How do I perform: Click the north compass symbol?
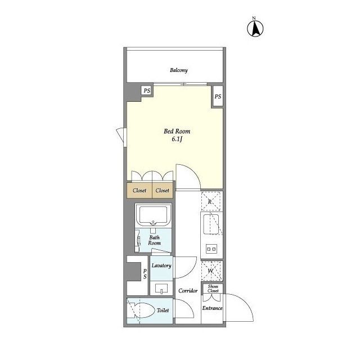coord(255,29)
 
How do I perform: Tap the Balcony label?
coord(179,70)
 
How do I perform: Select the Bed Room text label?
coord(177,131)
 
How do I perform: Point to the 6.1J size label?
coord(177,139)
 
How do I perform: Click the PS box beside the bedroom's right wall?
coord(218,96)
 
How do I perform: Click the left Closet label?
coord(139,190)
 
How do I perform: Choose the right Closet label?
coord(163,190)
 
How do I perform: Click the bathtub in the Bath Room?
coord(153,215)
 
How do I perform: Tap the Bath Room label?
coord(154,240)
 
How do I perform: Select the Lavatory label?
coord(161,265)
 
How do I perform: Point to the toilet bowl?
coord(144,310)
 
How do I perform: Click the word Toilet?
coord(163,310)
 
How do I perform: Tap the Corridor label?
coord(188,291)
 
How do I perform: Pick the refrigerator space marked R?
coord(210,201)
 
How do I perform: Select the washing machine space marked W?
coord(210,271)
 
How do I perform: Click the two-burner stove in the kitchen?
coord(211,249)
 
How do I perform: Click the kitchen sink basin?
coord(211,224)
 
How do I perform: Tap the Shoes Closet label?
coord(213,289)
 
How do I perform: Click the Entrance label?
coord(213,308)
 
